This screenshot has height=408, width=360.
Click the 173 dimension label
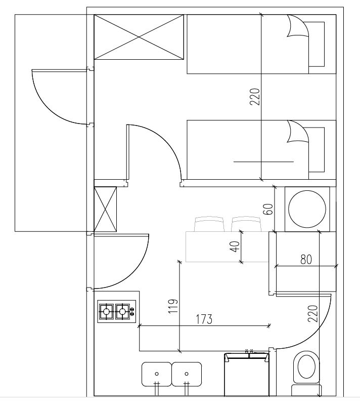pos(204,319)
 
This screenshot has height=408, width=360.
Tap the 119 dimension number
pos(173,306)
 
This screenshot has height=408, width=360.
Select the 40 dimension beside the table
pos(235,247)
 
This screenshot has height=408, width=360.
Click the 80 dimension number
pos(306,259)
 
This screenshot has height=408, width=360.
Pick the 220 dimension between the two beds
pos(255,97)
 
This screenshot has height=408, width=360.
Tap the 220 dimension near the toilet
pos(312,313)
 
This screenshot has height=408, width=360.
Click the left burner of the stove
pos(106,311)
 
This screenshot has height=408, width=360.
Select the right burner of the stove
pos(122,311)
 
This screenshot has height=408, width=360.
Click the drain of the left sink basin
pos(156,374)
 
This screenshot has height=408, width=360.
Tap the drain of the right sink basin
pos(187,374)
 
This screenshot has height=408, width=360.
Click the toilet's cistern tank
pos(307,390)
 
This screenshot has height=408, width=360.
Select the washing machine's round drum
pos(307,209)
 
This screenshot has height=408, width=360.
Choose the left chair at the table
pos(209,224)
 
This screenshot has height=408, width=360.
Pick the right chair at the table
pos(246,224)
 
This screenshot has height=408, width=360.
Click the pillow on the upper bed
pos(317,44)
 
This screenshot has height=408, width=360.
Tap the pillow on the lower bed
pos(317,150)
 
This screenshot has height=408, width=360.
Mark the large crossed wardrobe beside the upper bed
pos(139,37)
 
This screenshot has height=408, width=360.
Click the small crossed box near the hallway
pos(105,209)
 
